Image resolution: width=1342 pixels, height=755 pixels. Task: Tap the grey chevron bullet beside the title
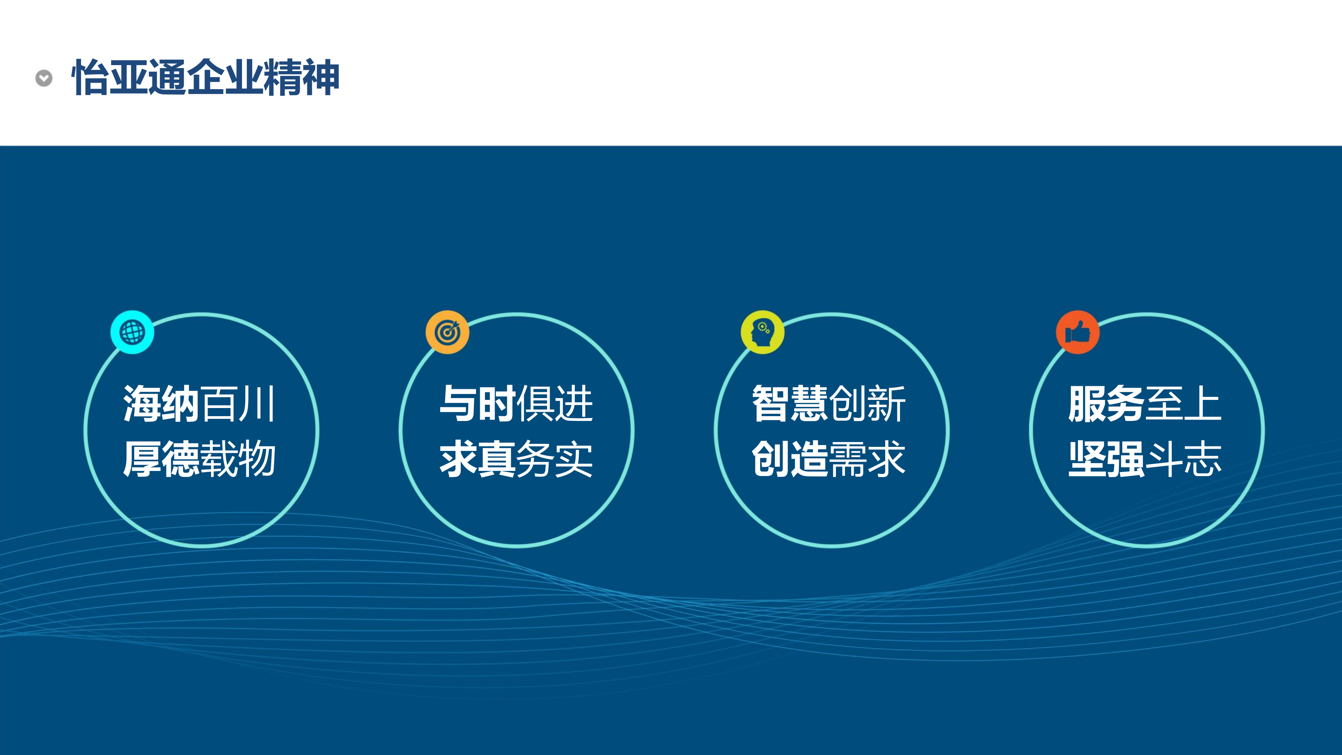[x=44, y=78]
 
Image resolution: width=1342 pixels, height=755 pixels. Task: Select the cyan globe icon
[x=132, y=332]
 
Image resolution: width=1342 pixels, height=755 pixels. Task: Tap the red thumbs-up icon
[x=1078, y=332]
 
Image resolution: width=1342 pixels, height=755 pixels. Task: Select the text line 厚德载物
[x=199, y=459]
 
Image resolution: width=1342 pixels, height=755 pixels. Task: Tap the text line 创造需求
[x=829, y=459]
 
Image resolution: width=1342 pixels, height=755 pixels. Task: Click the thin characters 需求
[x=868, y=459]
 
